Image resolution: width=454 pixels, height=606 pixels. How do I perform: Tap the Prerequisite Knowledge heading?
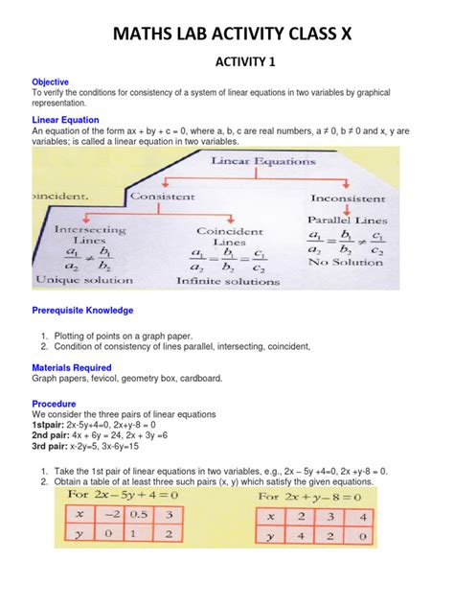(83, 311)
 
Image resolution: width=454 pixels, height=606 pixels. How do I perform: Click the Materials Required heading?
(72, 367)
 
